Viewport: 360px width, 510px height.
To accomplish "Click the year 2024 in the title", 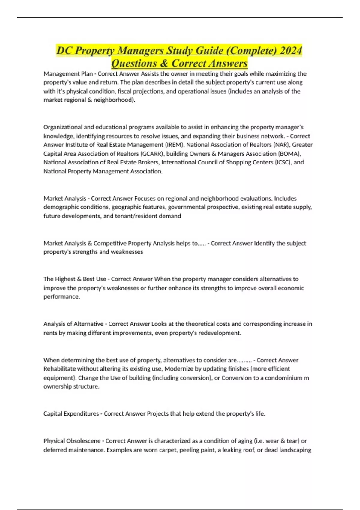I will pos(290,50).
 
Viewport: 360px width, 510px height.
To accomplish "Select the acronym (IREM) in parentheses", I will pos(174,145).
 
